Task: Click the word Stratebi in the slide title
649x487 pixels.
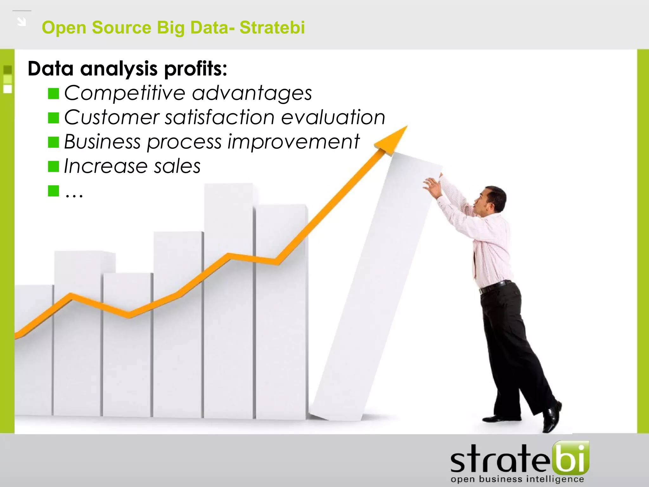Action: [272, 27]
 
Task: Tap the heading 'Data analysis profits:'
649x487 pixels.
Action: [127, 68]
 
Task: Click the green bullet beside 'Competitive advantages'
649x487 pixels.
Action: [53, 94]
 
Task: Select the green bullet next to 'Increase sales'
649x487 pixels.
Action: [53, 166]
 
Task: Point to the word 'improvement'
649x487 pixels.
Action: [293, 141]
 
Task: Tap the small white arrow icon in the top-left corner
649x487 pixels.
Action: [22, 22]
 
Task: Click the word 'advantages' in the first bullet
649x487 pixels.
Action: [252, 93]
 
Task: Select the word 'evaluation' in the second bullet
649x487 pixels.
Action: [333, 117]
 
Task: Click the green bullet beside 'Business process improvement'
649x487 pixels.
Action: [53, 142]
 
